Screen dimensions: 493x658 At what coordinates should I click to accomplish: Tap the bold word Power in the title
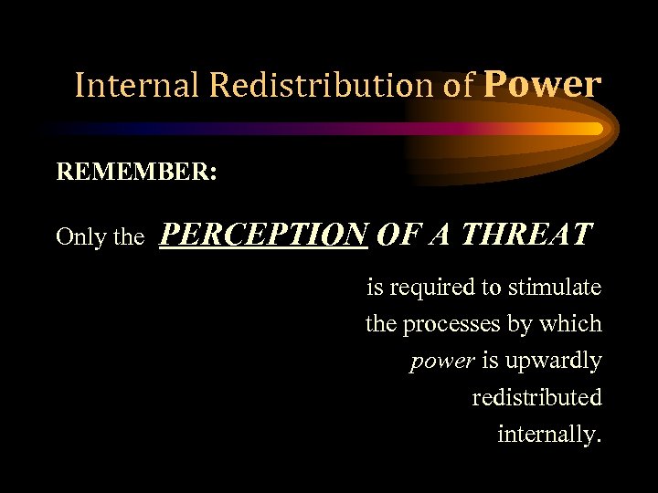[x=542, y=84]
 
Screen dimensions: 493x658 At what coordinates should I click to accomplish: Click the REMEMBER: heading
[x=136, y=173]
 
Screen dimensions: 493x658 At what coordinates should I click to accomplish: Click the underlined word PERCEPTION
[x=264, y=235]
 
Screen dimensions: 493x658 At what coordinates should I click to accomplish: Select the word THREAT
[x=526, y=235]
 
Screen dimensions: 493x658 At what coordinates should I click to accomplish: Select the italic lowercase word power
[x=441, y=362]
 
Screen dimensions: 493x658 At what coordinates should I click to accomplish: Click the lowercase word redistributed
[x=536, y=398]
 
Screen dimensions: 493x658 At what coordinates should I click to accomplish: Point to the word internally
[x=548, y=435]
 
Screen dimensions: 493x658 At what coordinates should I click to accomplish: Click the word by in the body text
[x=523, y=325]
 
